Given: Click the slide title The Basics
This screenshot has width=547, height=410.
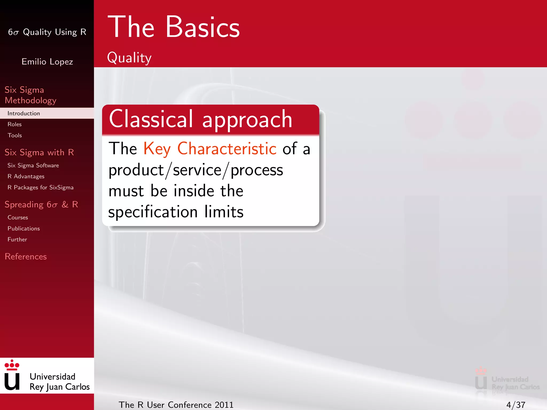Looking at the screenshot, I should click(x=174, y=27).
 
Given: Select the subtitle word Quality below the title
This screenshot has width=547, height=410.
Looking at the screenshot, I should click(x=129, y=58).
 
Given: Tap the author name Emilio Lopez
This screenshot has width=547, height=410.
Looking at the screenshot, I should click(x=47, y=62).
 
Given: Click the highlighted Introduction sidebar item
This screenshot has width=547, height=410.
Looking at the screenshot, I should click(x=24, y=113).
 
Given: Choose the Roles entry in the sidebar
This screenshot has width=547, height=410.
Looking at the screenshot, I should click(x=15, y=124).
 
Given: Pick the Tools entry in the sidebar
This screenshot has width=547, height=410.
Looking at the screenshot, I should click(x=15, y=135).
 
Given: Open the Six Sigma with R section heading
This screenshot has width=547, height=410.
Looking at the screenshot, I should click(x=39, y=152).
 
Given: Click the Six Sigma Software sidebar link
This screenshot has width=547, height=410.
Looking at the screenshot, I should click(x=33, y=165).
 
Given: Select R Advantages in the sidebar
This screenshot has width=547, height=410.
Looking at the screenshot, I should click(x=26, y=176).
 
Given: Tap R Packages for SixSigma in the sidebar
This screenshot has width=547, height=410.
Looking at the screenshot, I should click(x=40, y=187).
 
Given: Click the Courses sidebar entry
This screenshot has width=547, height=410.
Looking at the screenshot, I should click(x=18, y=218).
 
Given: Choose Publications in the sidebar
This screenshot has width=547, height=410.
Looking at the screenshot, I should click(x=24, y=228).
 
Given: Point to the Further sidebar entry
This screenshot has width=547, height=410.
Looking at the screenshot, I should click(x=17, y=239).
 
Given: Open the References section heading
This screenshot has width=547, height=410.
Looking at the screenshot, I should click(x=26, y=257).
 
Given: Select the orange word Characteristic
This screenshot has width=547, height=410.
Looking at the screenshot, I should click(x=227, y=148).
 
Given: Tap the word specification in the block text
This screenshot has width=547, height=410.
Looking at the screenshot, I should click(x=153, y=212).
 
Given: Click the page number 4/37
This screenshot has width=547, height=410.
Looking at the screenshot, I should click(x=515, y=405).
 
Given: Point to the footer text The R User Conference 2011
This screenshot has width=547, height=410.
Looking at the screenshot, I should click(x=176, y=405).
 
